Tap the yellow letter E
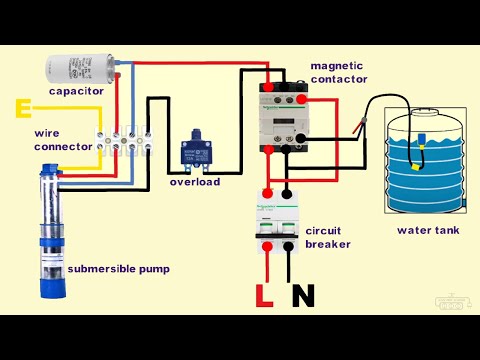(x=22, y=106)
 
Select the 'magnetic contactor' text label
(x=340, y=71)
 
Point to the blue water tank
(x=424, y=160)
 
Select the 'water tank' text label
(x=427, y=229)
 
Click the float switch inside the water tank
(x=424, y=140)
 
